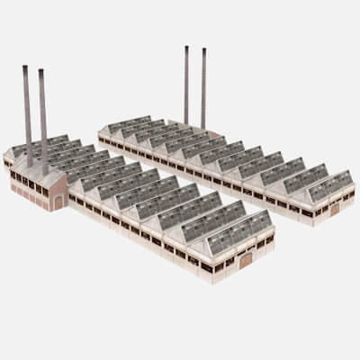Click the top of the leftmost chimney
(x=25, y=67)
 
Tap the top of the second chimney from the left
(x=41, y=71)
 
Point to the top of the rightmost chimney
(x=203, y=50)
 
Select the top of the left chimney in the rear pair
(x=186, y=48)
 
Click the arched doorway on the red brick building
(x=58, y=202)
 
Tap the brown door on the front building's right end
(x=245, y=262)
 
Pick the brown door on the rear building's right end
(x=335, y=209)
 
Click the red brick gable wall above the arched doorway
(x=57, y=184)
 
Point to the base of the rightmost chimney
(x=203, y=127)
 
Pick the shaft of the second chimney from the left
(x=43, y=121)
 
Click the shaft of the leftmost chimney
(x=27, y=117)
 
